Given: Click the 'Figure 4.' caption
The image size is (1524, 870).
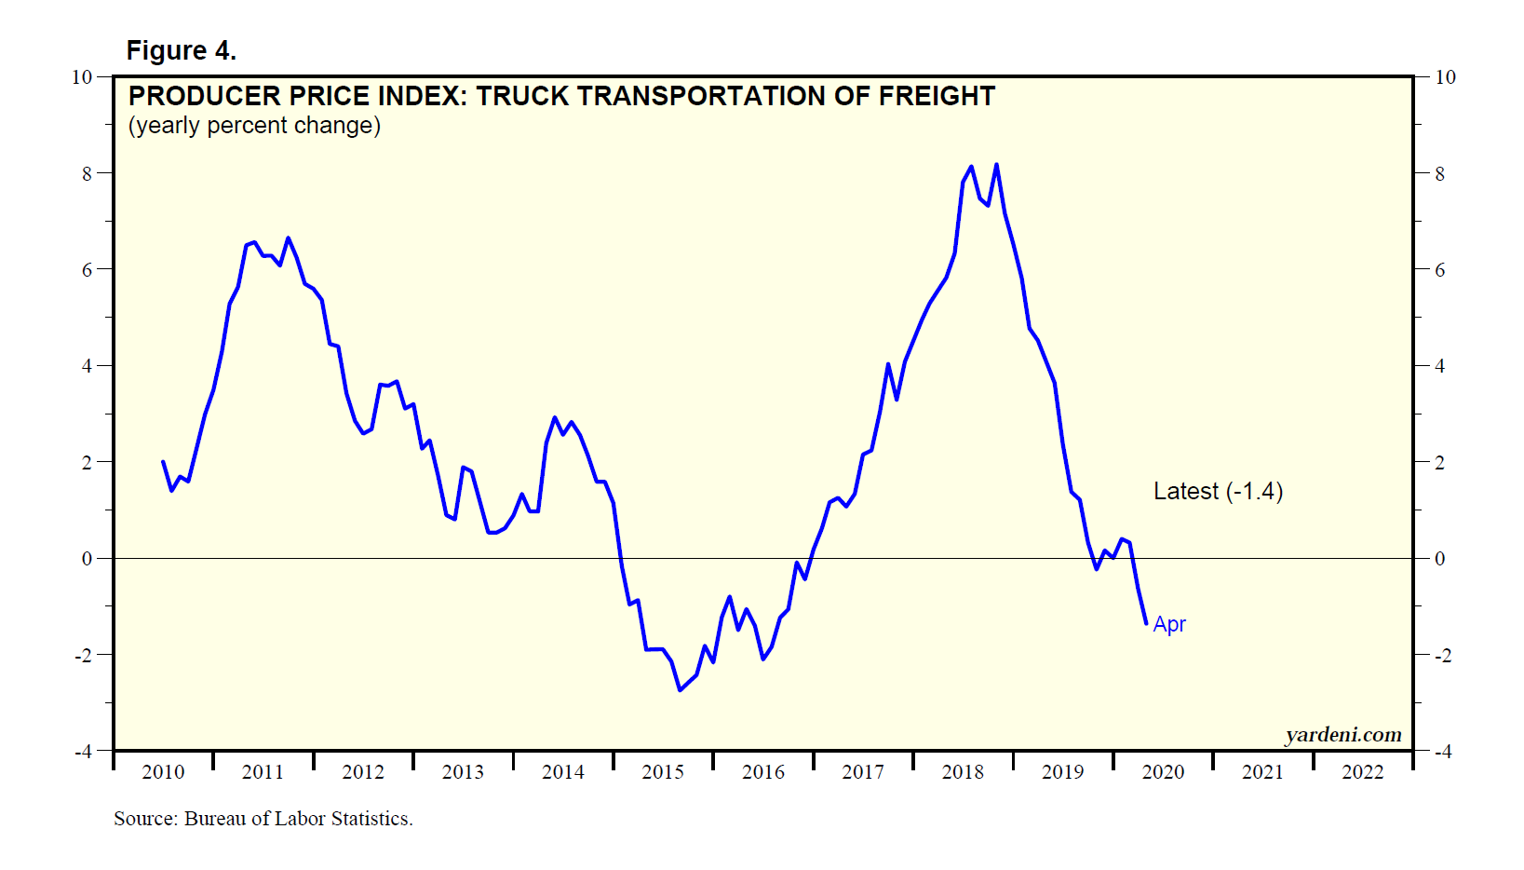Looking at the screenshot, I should pyautogui.click(x=182, y=50).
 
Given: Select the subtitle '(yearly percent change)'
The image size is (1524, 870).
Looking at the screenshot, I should pyautogui.click(x=254, y=126).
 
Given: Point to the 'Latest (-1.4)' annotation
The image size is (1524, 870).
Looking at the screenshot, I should pyautogui.click(x=1218, y=491).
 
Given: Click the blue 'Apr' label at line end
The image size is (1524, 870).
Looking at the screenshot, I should pyautogui.click(x=1169, y=624).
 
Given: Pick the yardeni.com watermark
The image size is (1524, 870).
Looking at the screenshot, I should pyautogui.click(x=1342, y=735).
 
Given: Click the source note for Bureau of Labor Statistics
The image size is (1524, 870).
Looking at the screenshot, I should pyautogui.click(x=263, y=819).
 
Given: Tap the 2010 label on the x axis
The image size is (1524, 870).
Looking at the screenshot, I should pyautogui.click(x=163, y=772).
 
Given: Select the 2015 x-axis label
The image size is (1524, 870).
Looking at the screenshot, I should pyautogui.click(x=663, y=772).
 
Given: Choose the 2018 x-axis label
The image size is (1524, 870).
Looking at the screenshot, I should pyautogui.click(x=963, y=772).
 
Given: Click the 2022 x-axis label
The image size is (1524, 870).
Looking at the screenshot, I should pyautogui.click(x=1363, y=772).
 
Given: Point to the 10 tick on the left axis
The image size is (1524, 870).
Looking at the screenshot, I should pyautogui.click(x=82, y=77).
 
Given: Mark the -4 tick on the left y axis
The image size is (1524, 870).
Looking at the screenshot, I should pyautogui.click(x=83, y=751).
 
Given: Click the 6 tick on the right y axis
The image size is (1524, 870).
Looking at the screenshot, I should pyautogui.click(x=1440, y=270).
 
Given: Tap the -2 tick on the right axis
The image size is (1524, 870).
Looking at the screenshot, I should pyautogui.click(x=1442, y=656).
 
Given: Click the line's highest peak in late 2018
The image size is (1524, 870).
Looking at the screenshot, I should pyautogui.click(x=996, y=165).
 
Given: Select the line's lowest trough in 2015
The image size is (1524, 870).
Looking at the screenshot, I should pyautogui.click(x=680, y=690).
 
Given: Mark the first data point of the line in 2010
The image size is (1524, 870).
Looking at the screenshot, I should pyautogui.click(x=163, y=461).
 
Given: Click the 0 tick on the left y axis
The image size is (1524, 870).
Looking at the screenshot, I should pyautogui.click(x=88, y=559).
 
